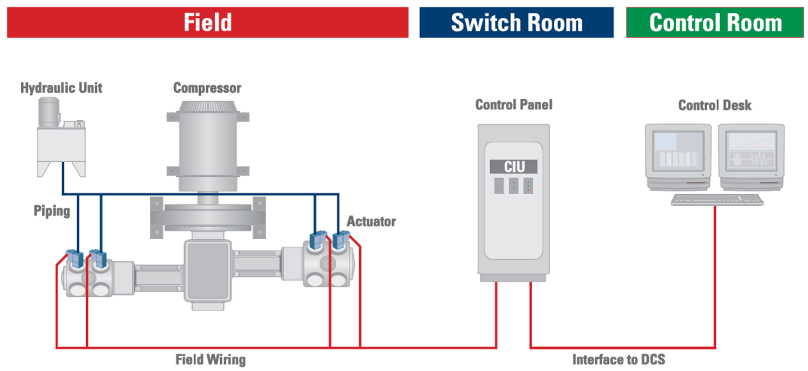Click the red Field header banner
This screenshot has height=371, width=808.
click(x=207, y=22)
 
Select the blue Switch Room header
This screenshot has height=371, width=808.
click(x=516, y=23)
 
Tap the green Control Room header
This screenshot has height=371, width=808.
click(x=715, y=23)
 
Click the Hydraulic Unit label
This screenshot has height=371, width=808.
click(x=61, y=88)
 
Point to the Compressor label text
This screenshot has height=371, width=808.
click(x=207, y=88)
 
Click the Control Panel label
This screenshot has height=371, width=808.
click(x=513, y=105)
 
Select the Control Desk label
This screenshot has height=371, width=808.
click(x=715, y=105)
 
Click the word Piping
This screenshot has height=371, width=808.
click(x=52, y=210)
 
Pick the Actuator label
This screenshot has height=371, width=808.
click(x=371, y=222)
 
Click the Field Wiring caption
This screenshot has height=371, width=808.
click(x=210, y=360)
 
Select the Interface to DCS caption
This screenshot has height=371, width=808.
click(x=618, y=360)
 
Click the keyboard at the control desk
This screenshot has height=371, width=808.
click(x=717, y=199)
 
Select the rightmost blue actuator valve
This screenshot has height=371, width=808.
click(x=340, y=240)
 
